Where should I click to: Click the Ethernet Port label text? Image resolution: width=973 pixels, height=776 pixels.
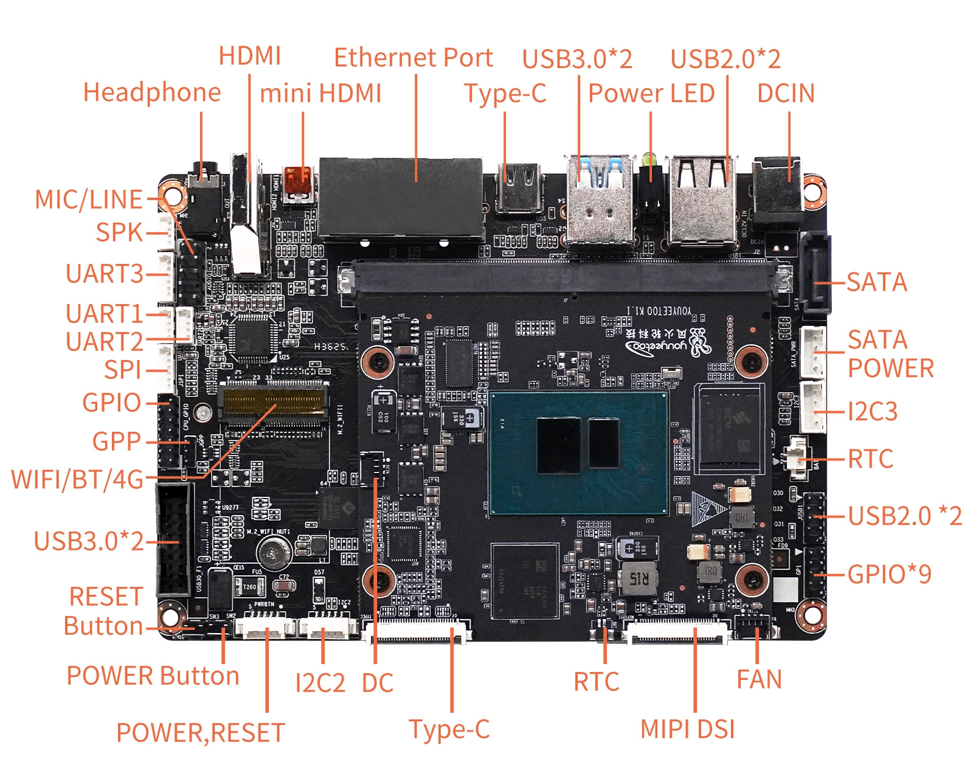pos(413,58)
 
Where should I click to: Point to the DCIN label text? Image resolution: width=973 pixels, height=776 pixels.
pos(785,93)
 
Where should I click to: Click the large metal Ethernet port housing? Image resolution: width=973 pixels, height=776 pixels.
pos(401,198)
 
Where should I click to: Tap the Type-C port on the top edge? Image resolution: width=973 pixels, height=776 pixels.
pos(519,187)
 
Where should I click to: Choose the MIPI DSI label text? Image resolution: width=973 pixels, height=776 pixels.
pos(687,729)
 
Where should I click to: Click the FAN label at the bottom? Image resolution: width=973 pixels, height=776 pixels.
pos(758,679)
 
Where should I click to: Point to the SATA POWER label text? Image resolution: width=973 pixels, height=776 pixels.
pos(890,354)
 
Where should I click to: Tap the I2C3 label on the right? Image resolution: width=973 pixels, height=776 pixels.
pos(872,412)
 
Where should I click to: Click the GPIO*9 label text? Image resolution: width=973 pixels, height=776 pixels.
pos(889,574)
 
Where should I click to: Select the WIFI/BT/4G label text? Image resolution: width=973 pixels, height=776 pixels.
pos(77,479)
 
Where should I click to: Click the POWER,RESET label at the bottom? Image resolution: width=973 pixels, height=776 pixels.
pos(200,732)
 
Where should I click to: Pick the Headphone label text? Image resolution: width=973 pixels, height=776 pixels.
pos(151,92)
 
